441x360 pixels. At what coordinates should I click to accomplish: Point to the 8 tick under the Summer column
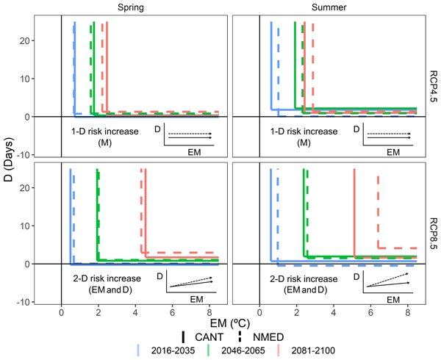tap(408, 311)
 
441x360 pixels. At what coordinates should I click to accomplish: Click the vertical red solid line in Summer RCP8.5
tap(354, 213)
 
